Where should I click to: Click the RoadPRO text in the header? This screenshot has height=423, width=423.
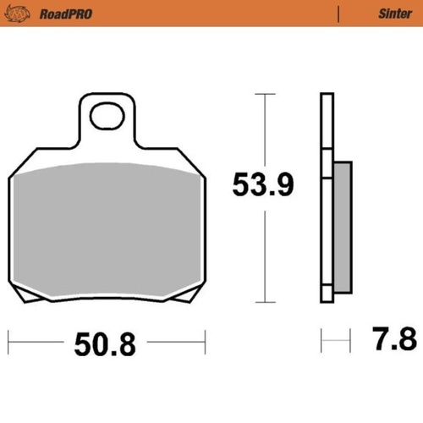(x=66, y=14)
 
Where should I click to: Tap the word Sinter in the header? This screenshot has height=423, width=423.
(x=395, y=14)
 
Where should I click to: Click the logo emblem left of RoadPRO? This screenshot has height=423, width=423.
(x=17, y=14)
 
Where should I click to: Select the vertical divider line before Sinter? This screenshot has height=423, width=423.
(x=338, y=14)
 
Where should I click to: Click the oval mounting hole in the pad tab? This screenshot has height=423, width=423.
(x=107, y=116)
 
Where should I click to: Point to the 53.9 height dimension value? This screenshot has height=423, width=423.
(x=263, y=184)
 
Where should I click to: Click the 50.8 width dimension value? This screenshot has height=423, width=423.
(x=105, y=344)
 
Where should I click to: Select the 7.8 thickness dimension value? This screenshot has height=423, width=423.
(x=394, y=338)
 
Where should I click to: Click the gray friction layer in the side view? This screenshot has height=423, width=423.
(x=343, y=227)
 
